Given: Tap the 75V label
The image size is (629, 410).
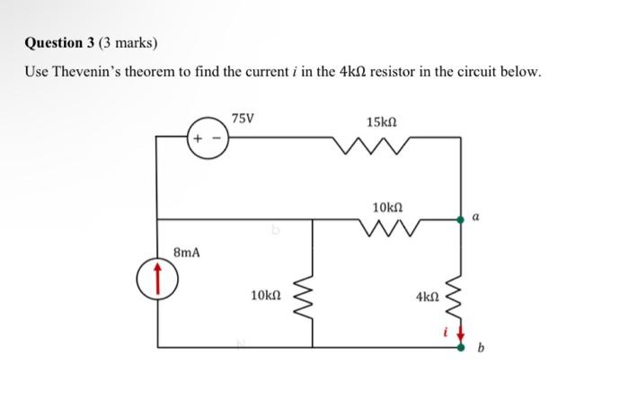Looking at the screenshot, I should tap(243, 119).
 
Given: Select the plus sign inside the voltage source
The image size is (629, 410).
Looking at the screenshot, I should tap(198, 139).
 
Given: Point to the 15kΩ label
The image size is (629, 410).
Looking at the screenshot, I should tap(382, 120).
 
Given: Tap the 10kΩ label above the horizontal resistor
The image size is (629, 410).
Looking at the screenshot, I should tap(387, 207).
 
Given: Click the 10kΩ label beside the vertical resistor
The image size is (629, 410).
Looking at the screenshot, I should tap(267, 294).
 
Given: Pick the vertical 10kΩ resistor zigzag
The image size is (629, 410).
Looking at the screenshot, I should tap(312, 292).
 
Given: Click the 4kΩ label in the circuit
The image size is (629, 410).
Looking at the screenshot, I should tap(428, 294).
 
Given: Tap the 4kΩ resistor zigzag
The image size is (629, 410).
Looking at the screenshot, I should tap(462, 292).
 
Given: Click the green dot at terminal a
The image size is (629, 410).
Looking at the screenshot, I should tap(462, 218).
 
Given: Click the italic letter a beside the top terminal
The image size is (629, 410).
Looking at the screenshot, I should tap(475, 217).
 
